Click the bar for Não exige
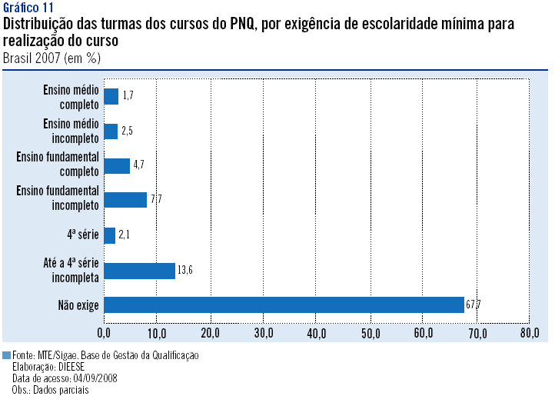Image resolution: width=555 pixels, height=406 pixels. (x=284, y=304)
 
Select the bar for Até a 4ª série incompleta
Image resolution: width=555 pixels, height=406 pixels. (x=139, y=270)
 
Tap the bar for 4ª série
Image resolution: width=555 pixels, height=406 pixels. (x=109, y=235)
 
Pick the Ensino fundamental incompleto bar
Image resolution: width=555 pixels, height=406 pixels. (x=125, y=200)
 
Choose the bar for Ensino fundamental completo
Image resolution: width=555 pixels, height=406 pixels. (x=117, y=165)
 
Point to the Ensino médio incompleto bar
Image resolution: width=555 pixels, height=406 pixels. (x=111, y=131)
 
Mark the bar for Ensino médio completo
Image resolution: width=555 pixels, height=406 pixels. (x=111, y=96)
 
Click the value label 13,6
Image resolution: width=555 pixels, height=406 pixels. (x=184, y=270)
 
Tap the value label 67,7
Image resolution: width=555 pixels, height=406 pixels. (x=474, y=305)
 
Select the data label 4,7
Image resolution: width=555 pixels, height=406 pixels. (x=139, y=165)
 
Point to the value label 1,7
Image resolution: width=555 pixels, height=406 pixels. (x=128, y=96)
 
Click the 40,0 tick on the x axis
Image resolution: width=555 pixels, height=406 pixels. (x=317, y=333)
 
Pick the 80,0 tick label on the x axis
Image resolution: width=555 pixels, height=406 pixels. (x=530, y=333)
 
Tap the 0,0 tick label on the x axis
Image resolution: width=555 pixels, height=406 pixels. (x=105, y=333)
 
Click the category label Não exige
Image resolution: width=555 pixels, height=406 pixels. (x=78, y=305)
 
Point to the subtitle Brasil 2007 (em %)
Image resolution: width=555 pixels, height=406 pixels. (x=51, y=57)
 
